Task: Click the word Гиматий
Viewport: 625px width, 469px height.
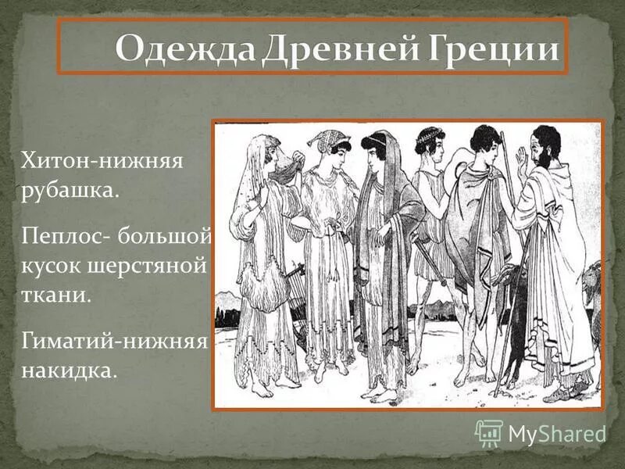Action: pos(69,340)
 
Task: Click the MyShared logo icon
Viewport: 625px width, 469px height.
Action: pos(489,432)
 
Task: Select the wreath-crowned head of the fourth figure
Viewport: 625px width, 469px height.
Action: pos(429,140)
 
